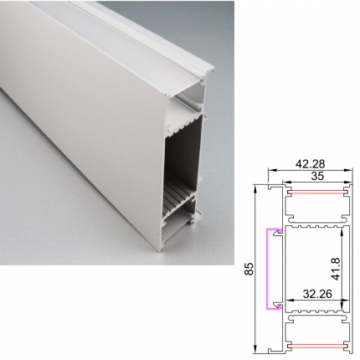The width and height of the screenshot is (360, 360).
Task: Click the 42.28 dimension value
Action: pyautogui.click(x=310, y=164)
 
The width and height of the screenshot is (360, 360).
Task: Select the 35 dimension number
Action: pyautogui.click(x=317, y=176)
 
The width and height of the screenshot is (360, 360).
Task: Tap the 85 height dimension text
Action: pyautogui.click(x=249, y=269)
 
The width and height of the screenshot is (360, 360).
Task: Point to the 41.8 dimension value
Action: pyautogui.click(x=336, y=269)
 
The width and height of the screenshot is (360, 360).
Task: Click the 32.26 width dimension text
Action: pyautogui.click(x=317, y=294)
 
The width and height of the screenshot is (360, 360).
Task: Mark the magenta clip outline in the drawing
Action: pyautogui.click(x=267, y=269)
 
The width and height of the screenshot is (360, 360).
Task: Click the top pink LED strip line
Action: pyautogui.click(x=317, y=193)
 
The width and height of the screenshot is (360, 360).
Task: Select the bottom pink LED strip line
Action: pyautogui.click(x=317, y=347)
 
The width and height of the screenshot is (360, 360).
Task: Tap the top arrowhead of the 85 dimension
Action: pyautogui.click(x=255, y=190)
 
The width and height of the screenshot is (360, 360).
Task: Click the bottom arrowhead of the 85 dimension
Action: pyautogui.click(x=255, y=349)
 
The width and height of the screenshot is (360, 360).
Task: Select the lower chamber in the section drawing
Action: pyautogui.click(x=317, y=332)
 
